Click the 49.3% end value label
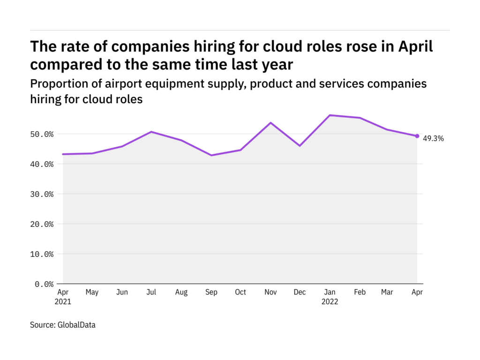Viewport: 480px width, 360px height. [x=433, y=138]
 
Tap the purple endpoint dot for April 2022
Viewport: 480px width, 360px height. [x=417, y=136]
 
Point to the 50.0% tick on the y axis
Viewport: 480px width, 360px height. [x=41, y=134]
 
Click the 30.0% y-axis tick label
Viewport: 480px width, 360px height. [x=41, y=194]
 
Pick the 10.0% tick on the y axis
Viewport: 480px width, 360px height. [x=41, y=254]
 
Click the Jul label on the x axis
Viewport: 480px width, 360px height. [x=151, y=292]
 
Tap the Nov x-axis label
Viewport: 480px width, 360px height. [x=270, y=292]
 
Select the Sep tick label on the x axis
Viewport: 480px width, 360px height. [x=211, y=292]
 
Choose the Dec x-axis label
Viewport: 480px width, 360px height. [x=300, y=292]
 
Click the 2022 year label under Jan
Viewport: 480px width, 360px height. [x=330, y=302]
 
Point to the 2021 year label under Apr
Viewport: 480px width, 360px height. [x=63, y=302]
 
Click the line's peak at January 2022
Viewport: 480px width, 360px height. [x=330, y=115]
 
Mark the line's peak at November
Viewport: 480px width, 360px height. [x=270, y=123]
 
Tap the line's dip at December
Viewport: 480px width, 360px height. [x=300, y=146]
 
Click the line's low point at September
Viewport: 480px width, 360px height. [x=211, y=155]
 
